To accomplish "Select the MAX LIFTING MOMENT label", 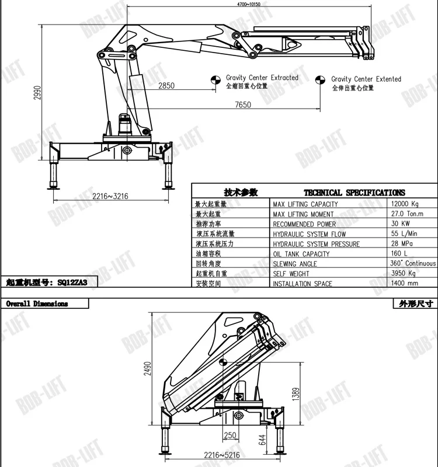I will (x=304, y=214).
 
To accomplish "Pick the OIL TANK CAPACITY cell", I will (x=301, y=254).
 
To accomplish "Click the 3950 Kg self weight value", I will (x=404, y=273).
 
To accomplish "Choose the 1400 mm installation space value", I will (x=405, y=283).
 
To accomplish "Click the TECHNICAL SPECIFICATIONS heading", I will (x=354, y=193).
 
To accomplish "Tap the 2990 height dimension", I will (x=37, y=93).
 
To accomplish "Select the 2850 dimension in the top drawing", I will (x=166, y=86).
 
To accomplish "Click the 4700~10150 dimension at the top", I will (x=248, y=4).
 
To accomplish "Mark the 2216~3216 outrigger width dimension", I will (x=110, y=196).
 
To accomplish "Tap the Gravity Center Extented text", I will (x=366, y=79).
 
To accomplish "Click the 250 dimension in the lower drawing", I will (x=230, y=435).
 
